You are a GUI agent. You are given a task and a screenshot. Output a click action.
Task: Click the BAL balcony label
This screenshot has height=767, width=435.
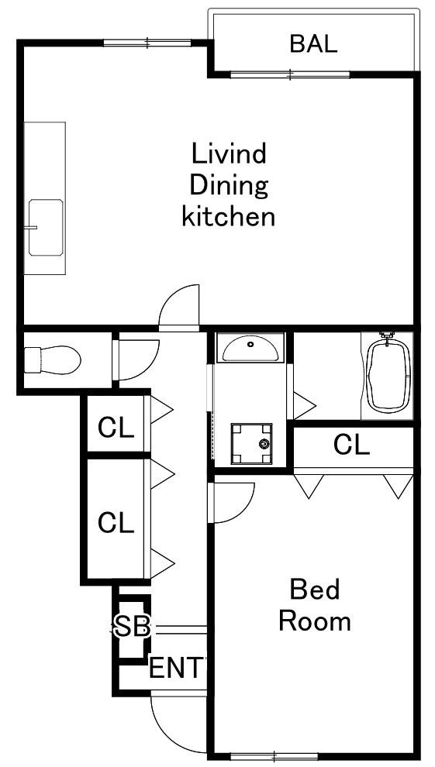tap(314, 43)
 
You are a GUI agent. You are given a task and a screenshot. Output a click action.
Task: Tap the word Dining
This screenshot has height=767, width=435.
tap(229, 186)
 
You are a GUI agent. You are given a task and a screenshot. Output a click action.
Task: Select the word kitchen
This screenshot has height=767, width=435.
tap(228, 217)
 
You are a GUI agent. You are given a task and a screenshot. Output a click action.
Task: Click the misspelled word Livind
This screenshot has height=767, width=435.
tap(229, 153)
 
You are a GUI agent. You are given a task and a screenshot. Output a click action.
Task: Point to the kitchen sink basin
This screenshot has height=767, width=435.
tap(46, 228)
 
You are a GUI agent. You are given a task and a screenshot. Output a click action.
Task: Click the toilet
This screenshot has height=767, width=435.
tap(53, 360)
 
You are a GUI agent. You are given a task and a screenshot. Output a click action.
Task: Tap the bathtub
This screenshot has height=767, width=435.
tap(388, 374)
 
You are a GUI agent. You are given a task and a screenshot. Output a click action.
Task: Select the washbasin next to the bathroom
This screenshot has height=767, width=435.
tap(250, 349)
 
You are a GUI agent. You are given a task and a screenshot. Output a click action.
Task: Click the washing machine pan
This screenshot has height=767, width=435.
tap(251, 443)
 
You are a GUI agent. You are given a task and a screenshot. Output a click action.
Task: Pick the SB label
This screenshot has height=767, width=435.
tap(132, 628)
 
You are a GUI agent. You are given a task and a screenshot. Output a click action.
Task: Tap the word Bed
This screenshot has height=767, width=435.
tap(314, 590)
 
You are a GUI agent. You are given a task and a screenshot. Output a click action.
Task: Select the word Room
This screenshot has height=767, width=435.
tap(314, 621)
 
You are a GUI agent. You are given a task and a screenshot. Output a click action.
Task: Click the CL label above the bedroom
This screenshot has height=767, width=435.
tap(351, 445)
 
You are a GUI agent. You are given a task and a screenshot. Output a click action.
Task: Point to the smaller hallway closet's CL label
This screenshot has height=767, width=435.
tap(116, 428)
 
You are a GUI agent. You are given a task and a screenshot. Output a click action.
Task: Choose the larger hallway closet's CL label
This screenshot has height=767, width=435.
tap(116, 523)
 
